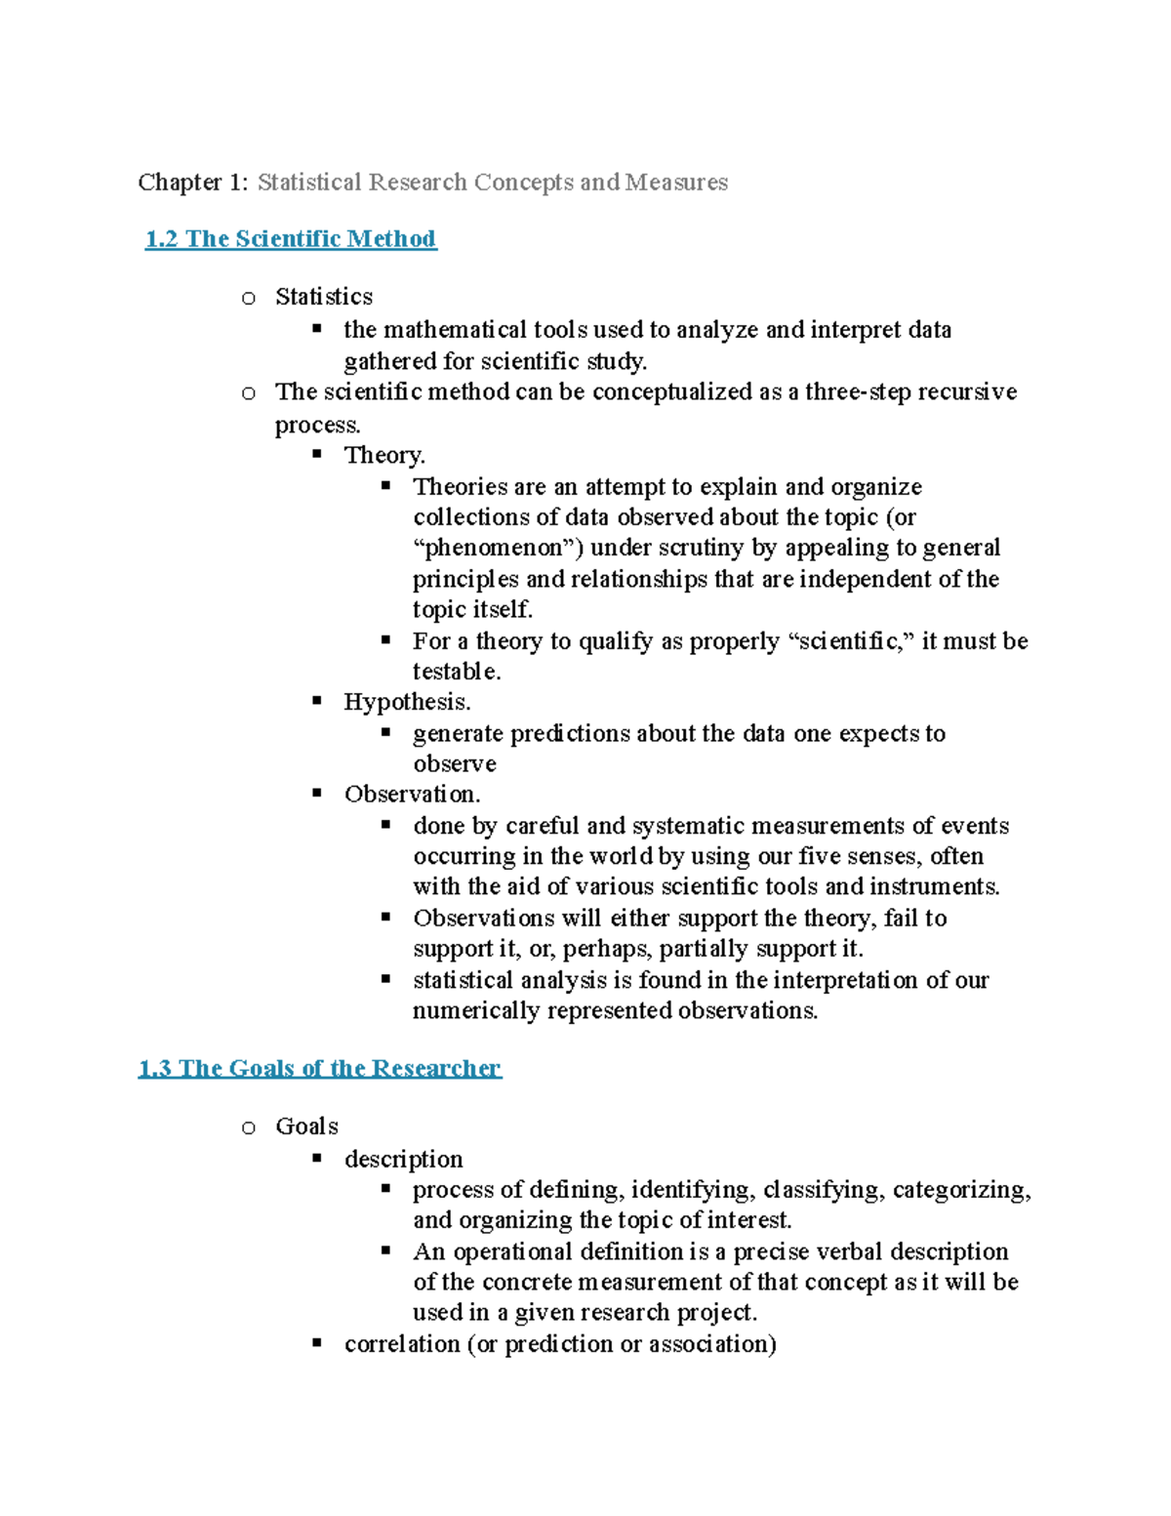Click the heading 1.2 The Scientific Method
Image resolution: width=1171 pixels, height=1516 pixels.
coord(291,239)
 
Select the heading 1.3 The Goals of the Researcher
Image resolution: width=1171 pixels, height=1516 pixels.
coord(320,1068)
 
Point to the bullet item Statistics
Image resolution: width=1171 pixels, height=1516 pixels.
coord(324,297)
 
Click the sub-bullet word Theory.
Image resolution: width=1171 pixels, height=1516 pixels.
coord(384,455)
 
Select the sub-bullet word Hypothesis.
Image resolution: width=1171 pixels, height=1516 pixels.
coord(406,702)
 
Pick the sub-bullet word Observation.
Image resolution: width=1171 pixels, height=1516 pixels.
coord(411,794)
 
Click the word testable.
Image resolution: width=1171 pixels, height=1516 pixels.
coord(456,672)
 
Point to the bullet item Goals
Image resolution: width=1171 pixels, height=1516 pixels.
coord(306,1127)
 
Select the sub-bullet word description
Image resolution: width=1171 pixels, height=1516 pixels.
coord(403,1159)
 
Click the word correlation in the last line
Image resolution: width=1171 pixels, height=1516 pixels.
coord(402,1344)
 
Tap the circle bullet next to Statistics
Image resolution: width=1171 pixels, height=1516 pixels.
coord(249,299)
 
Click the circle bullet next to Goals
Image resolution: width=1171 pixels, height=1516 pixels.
coord(249,1128)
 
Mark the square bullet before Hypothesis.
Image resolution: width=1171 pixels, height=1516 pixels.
coord(317,701)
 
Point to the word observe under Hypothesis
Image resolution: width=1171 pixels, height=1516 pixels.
coord(454,763)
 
